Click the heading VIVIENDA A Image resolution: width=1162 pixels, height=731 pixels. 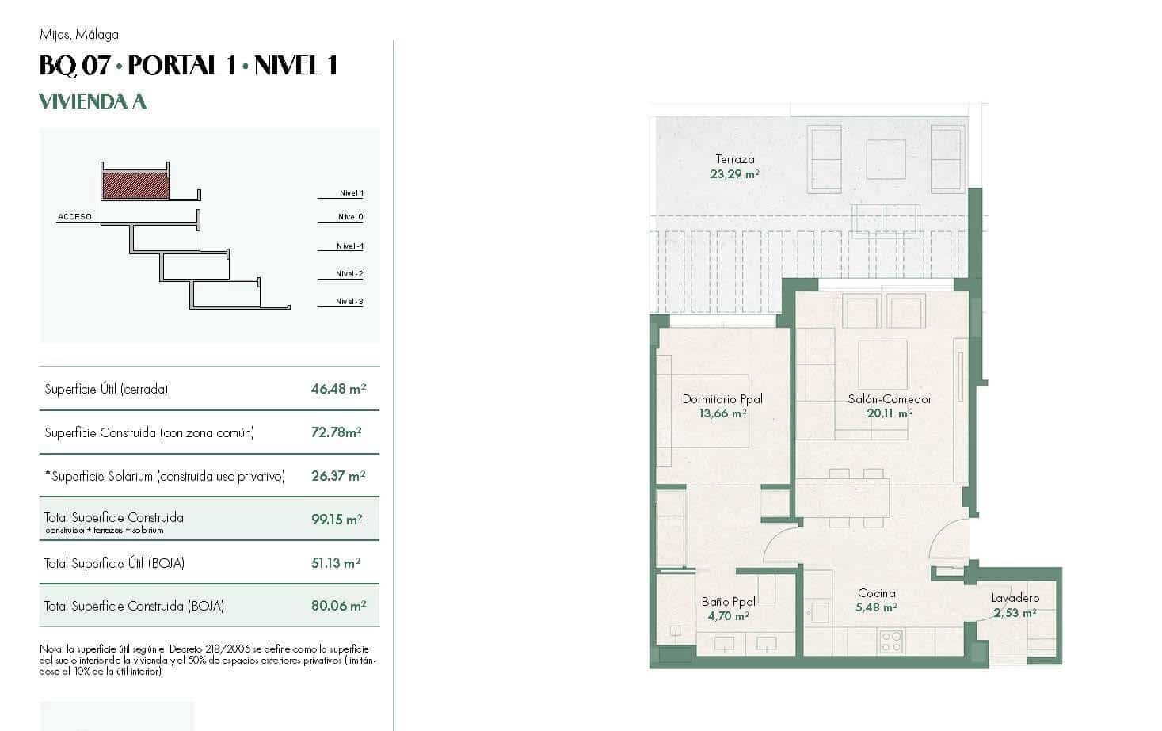(x=93, y=102)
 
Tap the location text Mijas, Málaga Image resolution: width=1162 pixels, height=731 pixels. (x=78, y=34)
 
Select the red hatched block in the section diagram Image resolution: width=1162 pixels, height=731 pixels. (x=135, y=185)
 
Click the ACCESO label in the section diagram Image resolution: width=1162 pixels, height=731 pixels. (x=74, y=216)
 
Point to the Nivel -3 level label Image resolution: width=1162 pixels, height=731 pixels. (x=349, y=302)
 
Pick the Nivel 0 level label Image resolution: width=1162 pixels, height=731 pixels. (x=350, y=217)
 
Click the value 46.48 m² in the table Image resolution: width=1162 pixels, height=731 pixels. (x=338, y=389)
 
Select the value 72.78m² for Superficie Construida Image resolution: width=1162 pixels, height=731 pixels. (x=337, y=432)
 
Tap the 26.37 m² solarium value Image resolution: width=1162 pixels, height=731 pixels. (x=338, y=476)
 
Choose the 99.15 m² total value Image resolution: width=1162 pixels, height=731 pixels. (x=337, y=520)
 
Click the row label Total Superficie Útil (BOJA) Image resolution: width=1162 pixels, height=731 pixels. (x=114, y=563)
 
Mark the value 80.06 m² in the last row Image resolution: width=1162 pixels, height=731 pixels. (x=338, y=606)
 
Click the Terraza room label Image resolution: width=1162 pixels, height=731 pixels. (x=734, y=159)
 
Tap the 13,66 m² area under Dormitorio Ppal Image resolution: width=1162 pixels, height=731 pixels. (x=722, y=413)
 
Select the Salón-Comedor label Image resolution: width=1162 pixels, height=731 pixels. (x=890, y=399)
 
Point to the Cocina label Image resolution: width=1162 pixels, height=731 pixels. (x=876, y=593)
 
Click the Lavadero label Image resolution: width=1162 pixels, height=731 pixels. (x=1015, y=598)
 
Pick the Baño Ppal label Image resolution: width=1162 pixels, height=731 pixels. (x=728, y=602)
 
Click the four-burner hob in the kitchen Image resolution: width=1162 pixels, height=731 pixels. (x=890, y=641)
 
